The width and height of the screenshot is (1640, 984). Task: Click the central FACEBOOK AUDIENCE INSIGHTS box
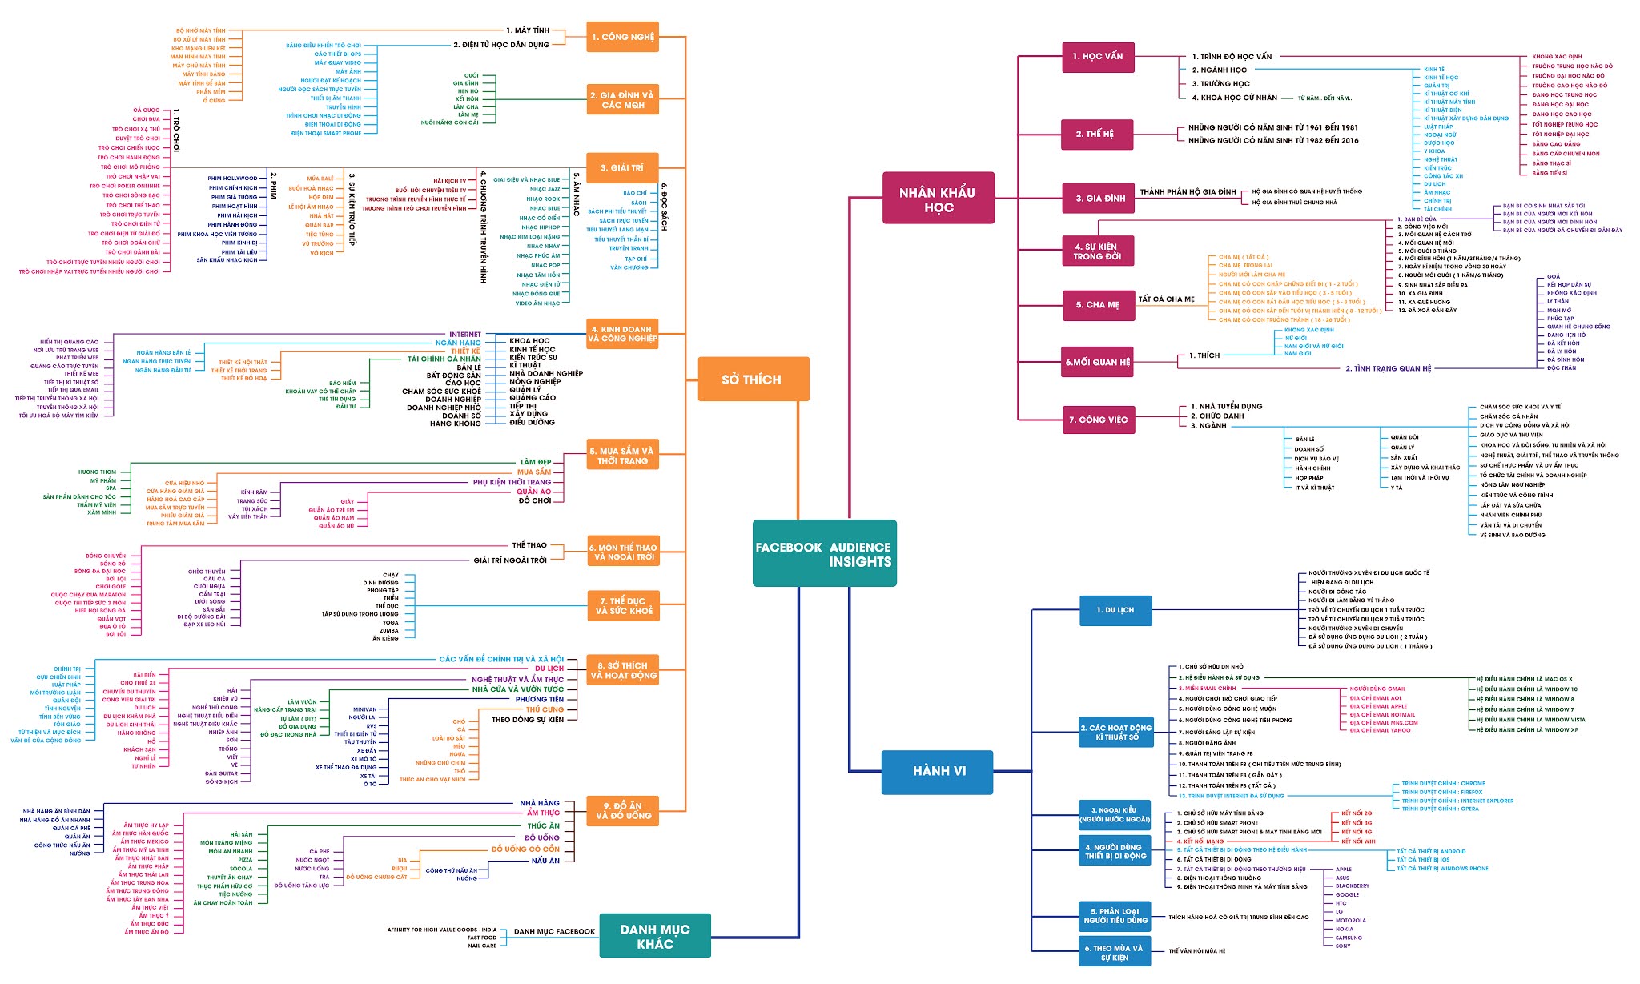click(x=824, y=554)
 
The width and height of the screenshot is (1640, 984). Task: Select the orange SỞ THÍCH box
click(x=753, y=380)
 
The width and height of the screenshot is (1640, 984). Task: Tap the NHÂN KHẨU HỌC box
click(x=938, y=199)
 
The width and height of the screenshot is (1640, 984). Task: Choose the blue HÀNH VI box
click(x=937, y=771)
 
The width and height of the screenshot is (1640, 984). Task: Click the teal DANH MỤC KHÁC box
click(x=654, y=936)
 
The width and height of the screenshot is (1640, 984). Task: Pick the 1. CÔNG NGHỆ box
click(x=622, y=37)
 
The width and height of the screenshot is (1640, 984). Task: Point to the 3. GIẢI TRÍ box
click(x=622, y=168)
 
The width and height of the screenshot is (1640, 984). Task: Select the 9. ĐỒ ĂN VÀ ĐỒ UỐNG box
click(x=622, y=811)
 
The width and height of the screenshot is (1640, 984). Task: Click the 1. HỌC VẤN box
click(x=1097, y=57)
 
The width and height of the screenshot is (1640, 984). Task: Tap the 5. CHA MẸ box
click(x=1098, y=305)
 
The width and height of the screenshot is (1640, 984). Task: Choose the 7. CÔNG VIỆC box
click(x=1098, y=420)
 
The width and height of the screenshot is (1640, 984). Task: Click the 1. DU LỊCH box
click(x=1115, y=610)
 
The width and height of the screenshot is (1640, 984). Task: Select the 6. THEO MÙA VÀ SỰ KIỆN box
click(x=1114, y=952)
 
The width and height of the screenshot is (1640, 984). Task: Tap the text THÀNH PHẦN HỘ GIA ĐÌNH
click(x=1188, y=192)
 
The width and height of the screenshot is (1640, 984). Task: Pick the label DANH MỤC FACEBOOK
click(x=554, y=931)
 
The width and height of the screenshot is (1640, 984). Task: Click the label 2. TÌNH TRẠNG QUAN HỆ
click(x=1387, y=368)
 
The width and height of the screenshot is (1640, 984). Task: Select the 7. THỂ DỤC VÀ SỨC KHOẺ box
click(x=624, y=606)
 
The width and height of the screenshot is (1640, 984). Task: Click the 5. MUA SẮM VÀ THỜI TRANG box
click(x=622, y=456)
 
